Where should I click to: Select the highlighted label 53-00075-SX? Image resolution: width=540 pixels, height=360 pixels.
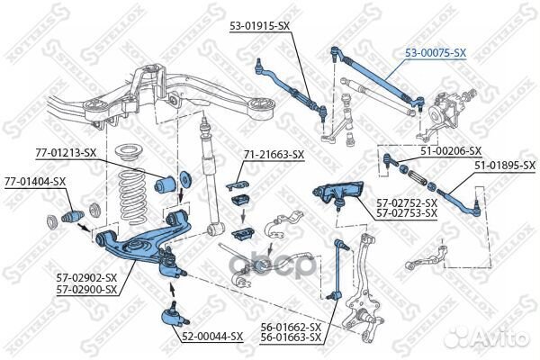click(x=436, y=53)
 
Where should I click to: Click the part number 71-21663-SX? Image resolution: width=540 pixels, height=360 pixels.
click(x=274, y=154)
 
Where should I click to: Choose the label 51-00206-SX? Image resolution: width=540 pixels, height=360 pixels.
click(x=451, y=151)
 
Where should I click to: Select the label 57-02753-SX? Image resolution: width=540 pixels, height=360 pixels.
click(x=406, y=214)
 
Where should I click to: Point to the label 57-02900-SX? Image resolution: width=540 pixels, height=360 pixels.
click(x=86, y=290)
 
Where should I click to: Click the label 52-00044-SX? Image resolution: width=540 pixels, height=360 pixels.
click(x=211, y=336)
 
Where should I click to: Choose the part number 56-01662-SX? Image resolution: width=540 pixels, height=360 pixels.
click(x=291, y=328)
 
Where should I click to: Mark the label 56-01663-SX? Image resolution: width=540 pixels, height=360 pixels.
click(x=291, y=337)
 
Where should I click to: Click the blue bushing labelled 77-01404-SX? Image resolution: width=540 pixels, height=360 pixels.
click(x=72, y=218)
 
